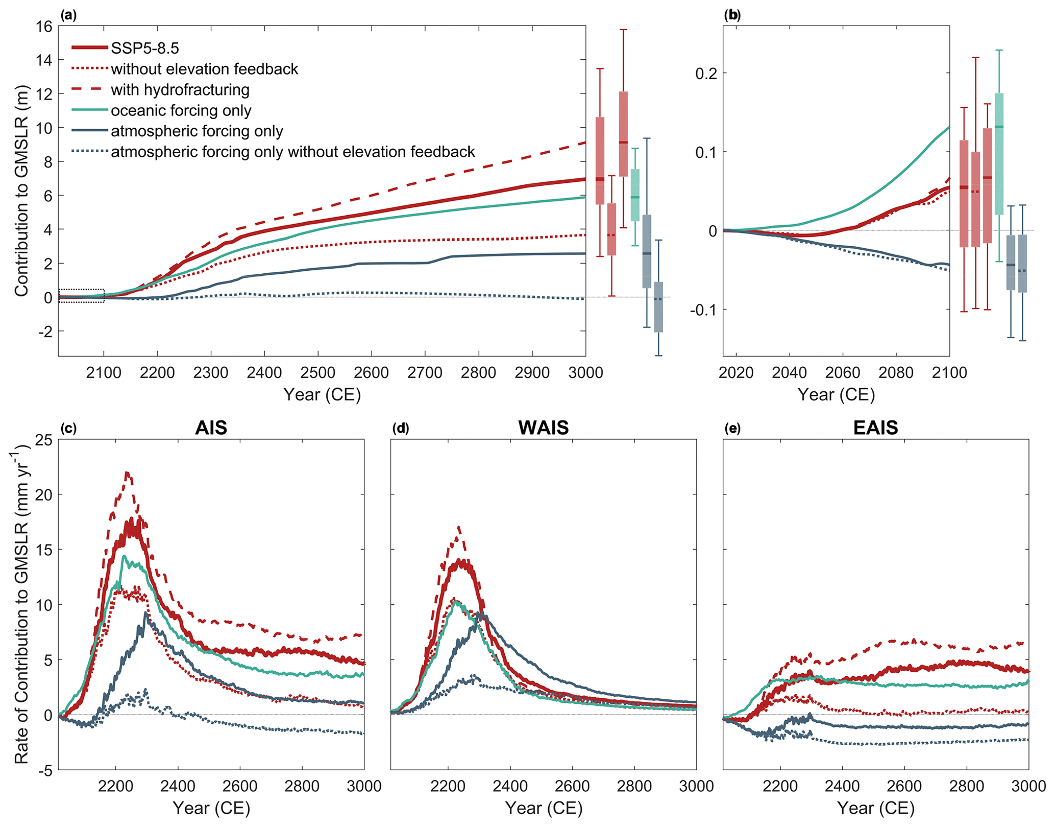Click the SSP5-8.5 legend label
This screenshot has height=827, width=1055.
click(145, 49)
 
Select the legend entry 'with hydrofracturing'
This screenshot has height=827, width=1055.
click(180, 90)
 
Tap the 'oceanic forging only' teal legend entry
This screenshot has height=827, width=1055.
click(181, 111)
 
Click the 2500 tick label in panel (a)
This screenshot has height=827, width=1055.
click(317, 373)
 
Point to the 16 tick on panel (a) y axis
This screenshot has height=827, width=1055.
click(44, 27)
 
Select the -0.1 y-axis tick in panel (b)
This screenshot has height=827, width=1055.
click(704, 310)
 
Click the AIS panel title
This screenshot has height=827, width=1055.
click(211, 428)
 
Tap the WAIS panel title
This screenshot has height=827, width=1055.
click(543, 428)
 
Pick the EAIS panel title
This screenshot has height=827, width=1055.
click(875, 428)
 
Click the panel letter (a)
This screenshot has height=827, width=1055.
click(68, 15)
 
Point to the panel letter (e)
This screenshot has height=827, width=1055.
click(732, 428)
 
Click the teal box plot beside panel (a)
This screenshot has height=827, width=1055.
click(634, 195)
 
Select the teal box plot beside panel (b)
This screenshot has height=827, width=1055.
click(999, 153)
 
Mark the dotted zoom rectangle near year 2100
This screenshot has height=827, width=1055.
click(82, 296)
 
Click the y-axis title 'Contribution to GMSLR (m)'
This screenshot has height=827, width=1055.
click(21, 191)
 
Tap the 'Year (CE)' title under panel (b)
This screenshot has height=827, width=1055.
click(836, 395)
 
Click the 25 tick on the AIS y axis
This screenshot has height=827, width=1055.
click(44, 440)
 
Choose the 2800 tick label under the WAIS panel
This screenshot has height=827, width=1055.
click(634, 786)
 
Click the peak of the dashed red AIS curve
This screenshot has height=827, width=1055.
click(127, 472)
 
